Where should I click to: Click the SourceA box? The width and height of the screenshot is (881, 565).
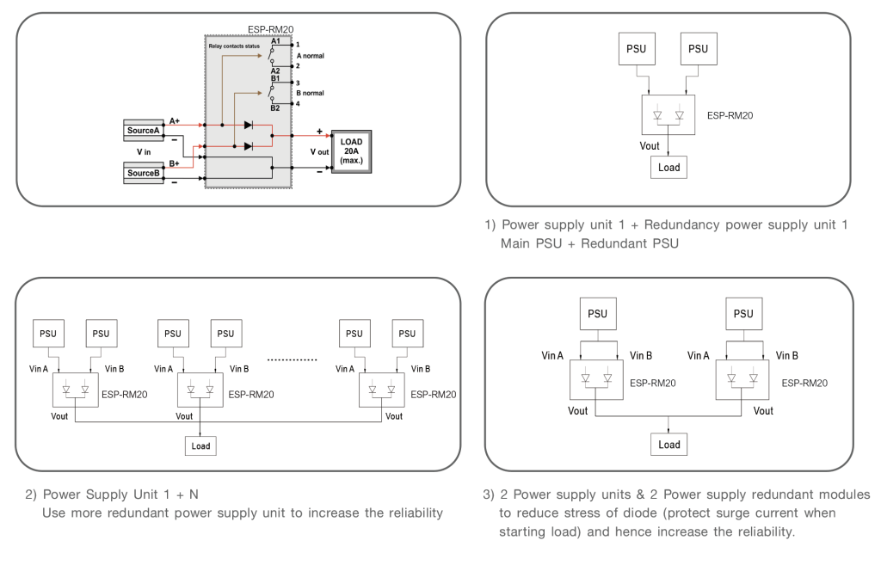point(143,131)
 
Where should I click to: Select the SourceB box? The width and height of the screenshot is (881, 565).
point(143,173)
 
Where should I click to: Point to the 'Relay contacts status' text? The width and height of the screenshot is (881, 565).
point(234,45)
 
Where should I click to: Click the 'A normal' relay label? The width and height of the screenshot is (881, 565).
point(310,54)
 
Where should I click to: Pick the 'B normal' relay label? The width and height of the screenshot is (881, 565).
point(310,92)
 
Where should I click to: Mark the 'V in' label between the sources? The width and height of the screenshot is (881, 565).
point(143,151)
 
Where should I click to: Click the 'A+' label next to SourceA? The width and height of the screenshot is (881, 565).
point(175,120)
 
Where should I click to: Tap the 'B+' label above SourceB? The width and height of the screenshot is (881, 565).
point(175,162)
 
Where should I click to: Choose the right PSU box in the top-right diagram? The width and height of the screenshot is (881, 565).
point(699,49)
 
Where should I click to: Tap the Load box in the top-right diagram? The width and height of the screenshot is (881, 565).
point(668,168)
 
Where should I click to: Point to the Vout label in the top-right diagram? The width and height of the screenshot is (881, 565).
point(650,146)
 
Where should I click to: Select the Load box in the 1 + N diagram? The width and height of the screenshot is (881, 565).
point(200,445)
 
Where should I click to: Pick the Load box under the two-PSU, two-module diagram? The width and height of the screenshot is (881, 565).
point(669,445)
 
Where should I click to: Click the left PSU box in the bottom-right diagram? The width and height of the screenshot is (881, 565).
point(598,313)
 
